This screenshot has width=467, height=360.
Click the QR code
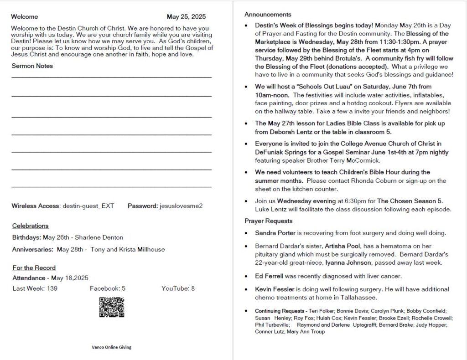point(112,307)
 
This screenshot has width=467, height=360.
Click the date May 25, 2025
point(186,17)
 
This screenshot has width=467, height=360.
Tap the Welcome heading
point(25,17)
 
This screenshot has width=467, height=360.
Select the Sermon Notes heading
point(32,66)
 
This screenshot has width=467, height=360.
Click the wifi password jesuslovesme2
point(181,206)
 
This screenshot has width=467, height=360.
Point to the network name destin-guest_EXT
point(88,206)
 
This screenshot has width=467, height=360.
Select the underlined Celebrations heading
point(30,226)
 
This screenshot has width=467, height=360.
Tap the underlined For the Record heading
point(34,268)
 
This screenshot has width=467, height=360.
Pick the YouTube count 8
point(193,288)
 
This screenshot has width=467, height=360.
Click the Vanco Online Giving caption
point(111,347)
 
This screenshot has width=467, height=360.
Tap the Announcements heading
point(268,15)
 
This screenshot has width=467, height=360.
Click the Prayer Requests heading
point(268,221)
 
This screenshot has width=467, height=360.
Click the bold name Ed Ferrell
point(269,276)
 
